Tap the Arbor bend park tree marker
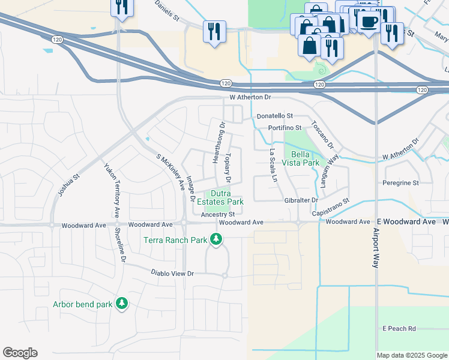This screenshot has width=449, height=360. pos(122,304)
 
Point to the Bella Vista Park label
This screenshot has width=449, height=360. pos(301,158)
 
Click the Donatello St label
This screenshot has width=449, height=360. pos(274,116)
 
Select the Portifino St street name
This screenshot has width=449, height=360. pos(285,128)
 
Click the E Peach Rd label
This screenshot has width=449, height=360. pos(399,329)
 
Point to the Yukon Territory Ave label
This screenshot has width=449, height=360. pos(111,191)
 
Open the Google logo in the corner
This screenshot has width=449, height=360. pos(20,353)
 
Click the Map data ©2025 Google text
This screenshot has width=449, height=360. pos(411,355)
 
